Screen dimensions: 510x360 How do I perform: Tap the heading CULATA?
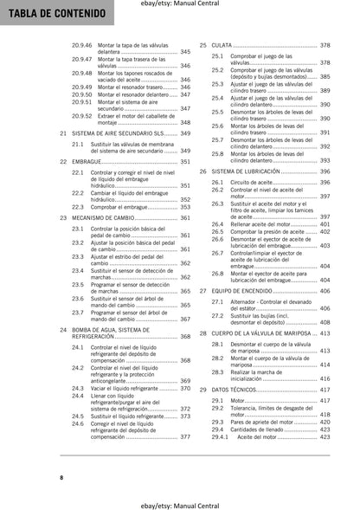222,44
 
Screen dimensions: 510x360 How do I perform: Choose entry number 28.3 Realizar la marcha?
217,371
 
